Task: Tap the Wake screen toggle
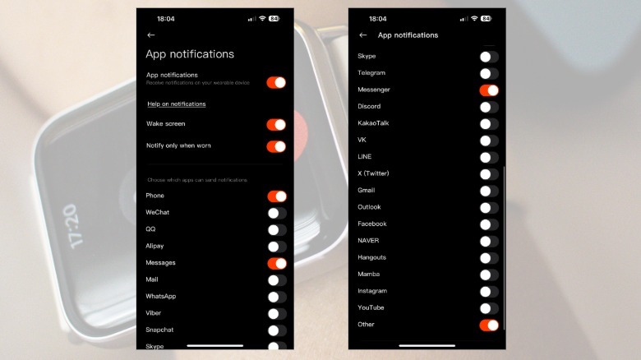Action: [276, 124]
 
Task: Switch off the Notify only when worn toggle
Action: [276, 146]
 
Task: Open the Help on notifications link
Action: [176, 104]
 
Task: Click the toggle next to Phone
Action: [276, 196]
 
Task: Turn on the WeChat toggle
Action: [276, 213]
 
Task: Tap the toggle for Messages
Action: [276, 263]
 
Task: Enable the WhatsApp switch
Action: [276, 297]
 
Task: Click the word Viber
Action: [154, 313]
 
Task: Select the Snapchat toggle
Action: [276, 330]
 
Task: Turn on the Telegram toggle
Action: [489, 73]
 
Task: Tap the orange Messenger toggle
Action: [489, 90]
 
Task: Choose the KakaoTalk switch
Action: [489, 123]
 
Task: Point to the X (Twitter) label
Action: [374, 173]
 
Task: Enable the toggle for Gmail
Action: [489, 191]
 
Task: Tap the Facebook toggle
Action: [489, 224]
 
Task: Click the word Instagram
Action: [372, 291]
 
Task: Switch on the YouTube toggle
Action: [489, 308]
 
